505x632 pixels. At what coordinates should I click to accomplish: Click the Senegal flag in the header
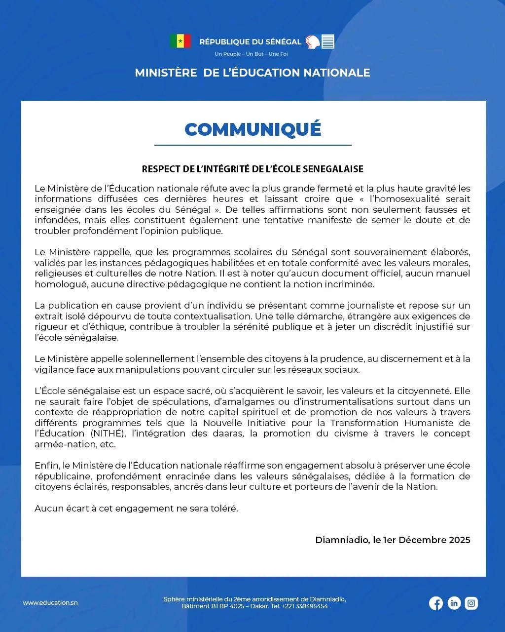pos(180,41)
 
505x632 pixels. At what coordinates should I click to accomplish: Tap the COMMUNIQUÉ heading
pos(252,129)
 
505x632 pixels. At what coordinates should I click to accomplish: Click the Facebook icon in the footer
pos(436,603)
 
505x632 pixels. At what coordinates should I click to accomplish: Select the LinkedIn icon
pos(454,603)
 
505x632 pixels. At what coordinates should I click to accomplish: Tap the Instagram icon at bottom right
pos(471,603)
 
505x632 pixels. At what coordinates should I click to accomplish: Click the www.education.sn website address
pos(50,603)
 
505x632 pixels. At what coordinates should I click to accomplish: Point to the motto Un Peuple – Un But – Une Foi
pos(251,54)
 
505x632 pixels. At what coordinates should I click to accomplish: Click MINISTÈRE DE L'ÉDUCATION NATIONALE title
pos(252,73)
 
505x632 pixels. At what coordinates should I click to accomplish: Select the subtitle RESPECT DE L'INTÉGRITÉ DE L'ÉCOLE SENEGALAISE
pos(252,169)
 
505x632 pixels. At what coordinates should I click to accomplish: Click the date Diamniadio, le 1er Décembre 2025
pos(393,540)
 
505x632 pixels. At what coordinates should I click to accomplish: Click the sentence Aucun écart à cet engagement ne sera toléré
pos(136,508)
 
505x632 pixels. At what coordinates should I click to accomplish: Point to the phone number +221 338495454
pos(305,606)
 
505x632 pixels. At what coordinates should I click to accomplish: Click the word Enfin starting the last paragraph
pos(46,465)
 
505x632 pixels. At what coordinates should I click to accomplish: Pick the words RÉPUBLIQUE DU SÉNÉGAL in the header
pos(250,42)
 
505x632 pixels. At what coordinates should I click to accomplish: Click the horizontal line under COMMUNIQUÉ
pos(252,145)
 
